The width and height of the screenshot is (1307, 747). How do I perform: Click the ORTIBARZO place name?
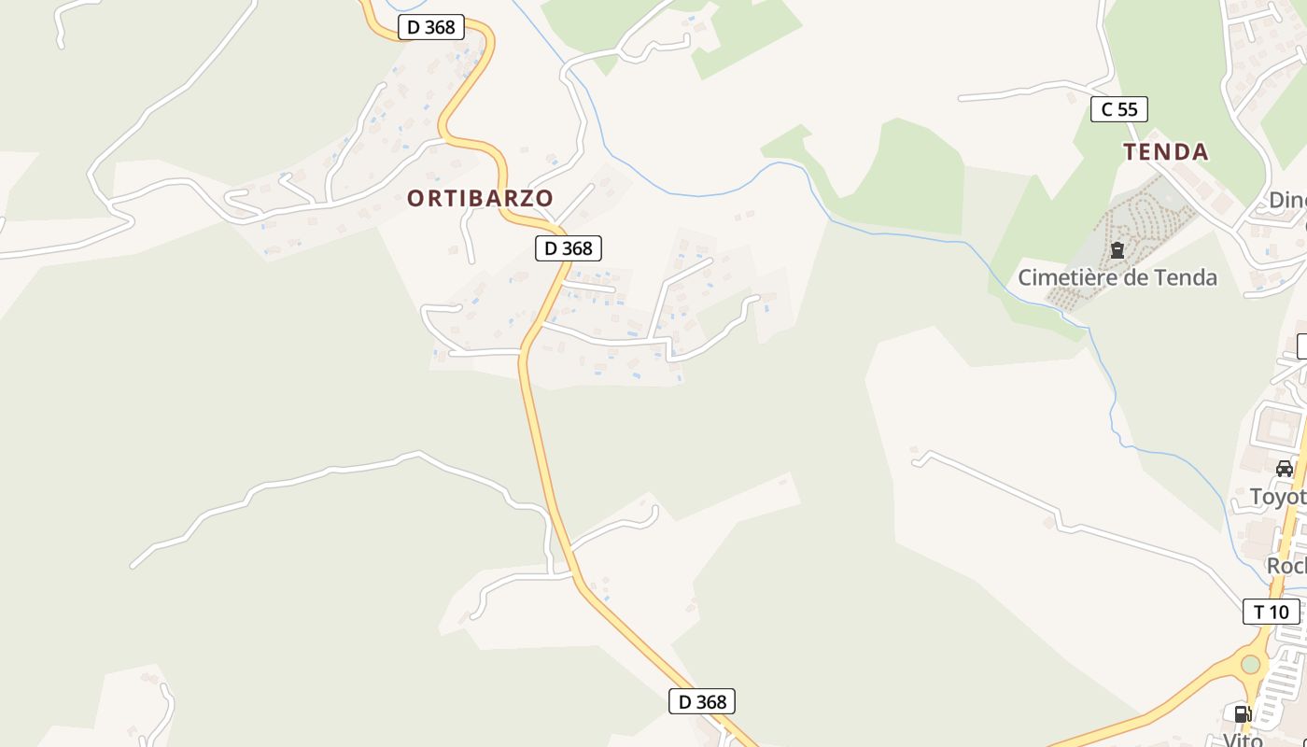point(480,198)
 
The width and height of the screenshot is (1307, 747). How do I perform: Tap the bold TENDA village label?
point(1165,152)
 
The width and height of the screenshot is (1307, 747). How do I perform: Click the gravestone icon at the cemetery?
point(1117,250)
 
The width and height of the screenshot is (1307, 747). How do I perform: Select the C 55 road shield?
point(1118,109)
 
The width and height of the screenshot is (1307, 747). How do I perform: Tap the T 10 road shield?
point(1271,612)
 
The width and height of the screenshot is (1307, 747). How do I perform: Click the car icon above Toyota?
point(1285,469)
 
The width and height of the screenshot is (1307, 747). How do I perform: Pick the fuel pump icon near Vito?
point(1243,714)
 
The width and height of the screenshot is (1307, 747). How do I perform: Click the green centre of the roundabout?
point(1250,664)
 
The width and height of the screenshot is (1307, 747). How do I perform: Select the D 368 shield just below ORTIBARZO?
point(568,248)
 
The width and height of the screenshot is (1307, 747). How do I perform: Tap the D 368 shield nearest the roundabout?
point(702,701)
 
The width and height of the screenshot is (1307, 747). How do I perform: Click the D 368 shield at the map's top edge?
point(431,27)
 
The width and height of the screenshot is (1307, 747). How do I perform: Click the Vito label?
point(1243,739)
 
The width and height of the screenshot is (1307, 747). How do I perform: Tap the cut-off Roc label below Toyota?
point(1286,566)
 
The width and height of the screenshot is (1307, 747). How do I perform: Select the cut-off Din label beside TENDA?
point(1287,200)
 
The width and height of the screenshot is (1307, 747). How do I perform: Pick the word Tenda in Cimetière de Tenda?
point(1184,277)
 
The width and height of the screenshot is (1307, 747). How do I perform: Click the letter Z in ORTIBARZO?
point(527,198)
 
